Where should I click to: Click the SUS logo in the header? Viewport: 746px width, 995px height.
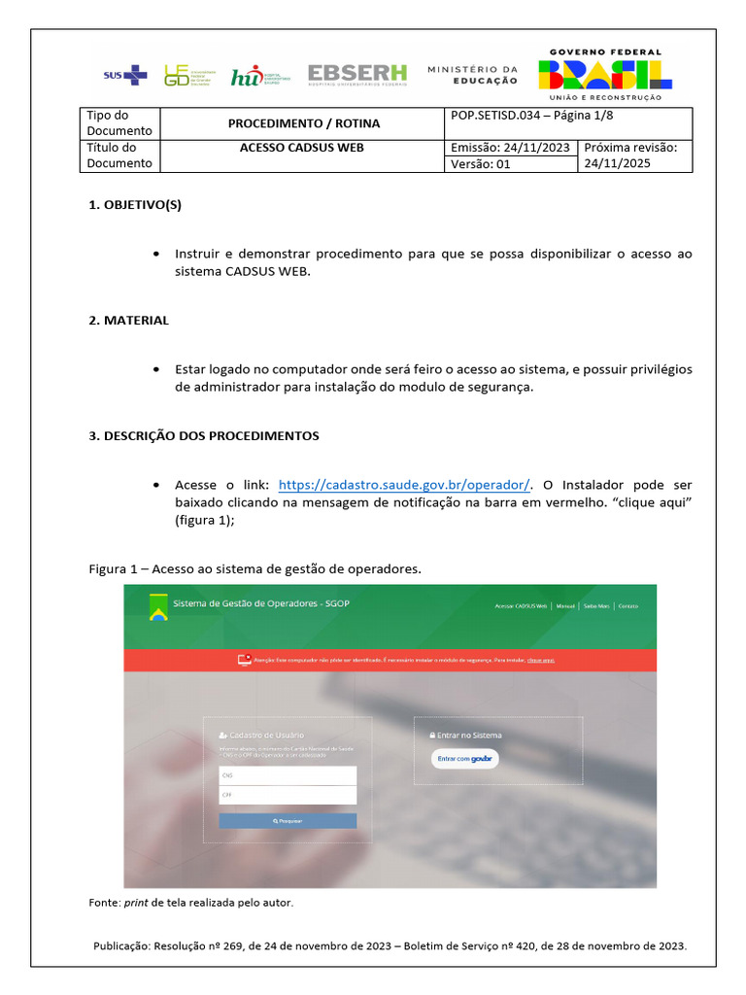[125, 75]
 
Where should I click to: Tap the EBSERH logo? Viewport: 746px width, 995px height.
[357, 75]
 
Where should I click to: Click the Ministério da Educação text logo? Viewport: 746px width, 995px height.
[473, 75]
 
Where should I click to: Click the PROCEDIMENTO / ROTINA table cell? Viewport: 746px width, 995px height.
[304, 123]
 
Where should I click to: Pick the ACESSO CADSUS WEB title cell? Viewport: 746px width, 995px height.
[301, 149]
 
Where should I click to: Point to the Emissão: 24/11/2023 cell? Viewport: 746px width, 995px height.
[511, 148]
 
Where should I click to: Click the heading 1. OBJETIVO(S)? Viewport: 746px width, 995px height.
[136, 205]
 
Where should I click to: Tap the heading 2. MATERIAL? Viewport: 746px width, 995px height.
[129, 320]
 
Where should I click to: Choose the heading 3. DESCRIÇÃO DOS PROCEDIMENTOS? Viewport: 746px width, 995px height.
[204, 435]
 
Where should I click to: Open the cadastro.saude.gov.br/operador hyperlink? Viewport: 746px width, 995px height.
[404, 484]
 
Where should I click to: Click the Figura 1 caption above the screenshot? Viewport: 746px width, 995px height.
[255, 568]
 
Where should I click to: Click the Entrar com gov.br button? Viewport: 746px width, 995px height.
[465, 758]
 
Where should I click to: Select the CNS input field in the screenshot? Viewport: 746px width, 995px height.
[288, 775]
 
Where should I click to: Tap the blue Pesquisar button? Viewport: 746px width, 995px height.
[288, 821]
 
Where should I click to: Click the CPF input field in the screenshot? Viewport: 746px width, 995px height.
[288, 795]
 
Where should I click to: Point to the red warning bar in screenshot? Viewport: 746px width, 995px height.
[390, 661]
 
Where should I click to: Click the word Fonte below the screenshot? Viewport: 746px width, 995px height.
[105, 903]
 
